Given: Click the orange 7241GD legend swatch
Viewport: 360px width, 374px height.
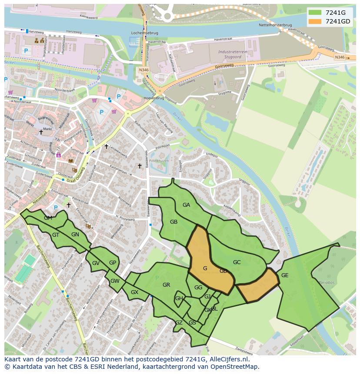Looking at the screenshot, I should click(x=315, y=21).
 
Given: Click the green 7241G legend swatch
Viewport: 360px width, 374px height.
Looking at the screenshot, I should click(x=315, y=13).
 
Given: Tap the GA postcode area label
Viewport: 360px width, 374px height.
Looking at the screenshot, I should click(x=186, y=205).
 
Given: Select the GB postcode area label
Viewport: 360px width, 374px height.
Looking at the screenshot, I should click(x=173, y=222).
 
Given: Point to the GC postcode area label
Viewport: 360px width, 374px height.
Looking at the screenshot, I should click(x=237, y=262).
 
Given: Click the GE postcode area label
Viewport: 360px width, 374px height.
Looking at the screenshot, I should click(x=285, y=275).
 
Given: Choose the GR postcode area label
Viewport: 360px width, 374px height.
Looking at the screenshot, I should click(x=166, y=285).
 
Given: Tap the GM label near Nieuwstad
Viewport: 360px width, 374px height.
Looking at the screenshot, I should click(x=48, y=218).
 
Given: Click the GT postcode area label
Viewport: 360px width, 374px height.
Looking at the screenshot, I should click(x=56, y=235).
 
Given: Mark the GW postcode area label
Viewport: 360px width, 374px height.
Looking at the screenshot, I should click(x=115, y=281).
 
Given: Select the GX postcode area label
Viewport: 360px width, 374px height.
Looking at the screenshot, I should click(x=134, y=292).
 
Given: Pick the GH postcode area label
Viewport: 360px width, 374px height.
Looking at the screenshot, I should click(x=179, y=298).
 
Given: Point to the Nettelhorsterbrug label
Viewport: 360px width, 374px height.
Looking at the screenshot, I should click(x=276, y=25).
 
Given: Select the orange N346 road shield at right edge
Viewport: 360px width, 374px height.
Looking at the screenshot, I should click(x=340, y=57).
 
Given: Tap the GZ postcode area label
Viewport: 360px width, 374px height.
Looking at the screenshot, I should click(x=179, y=323).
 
